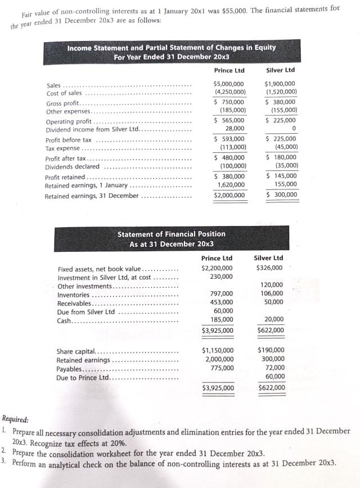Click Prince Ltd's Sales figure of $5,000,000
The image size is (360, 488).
pos(229,84)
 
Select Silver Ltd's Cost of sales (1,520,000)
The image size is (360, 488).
pos(281,92)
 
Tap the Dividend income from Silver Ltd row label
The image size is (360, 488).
pos(92,129)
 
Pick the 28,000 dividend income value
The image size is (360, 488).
pos(235,129)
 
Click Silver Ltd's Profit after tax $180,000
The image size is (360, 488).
pos(281,158)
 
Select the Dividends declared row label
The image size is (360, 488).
pos(73,167)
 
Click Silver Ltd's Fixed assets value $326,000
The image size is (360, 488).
pos(269,268)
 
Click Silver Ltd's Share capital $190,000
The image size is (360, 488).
pos(271,350)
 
